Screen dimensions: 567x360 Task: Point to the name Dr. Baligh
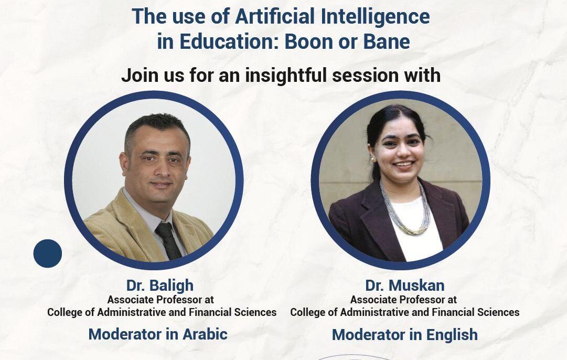click(x=159, y=285)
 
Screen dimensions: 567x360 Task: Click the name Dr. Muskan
click(x=404, y=285)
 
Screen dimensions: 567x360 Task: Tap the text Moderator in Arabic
click(x=158, y=334)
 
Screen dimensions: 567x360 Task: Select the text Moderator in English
click(x=404, y=334)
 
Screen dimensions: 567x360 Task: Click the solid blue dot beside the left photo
click(x=47, y=253)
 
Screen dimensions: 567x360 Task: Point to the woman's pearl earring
click(x=372, y=158)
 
